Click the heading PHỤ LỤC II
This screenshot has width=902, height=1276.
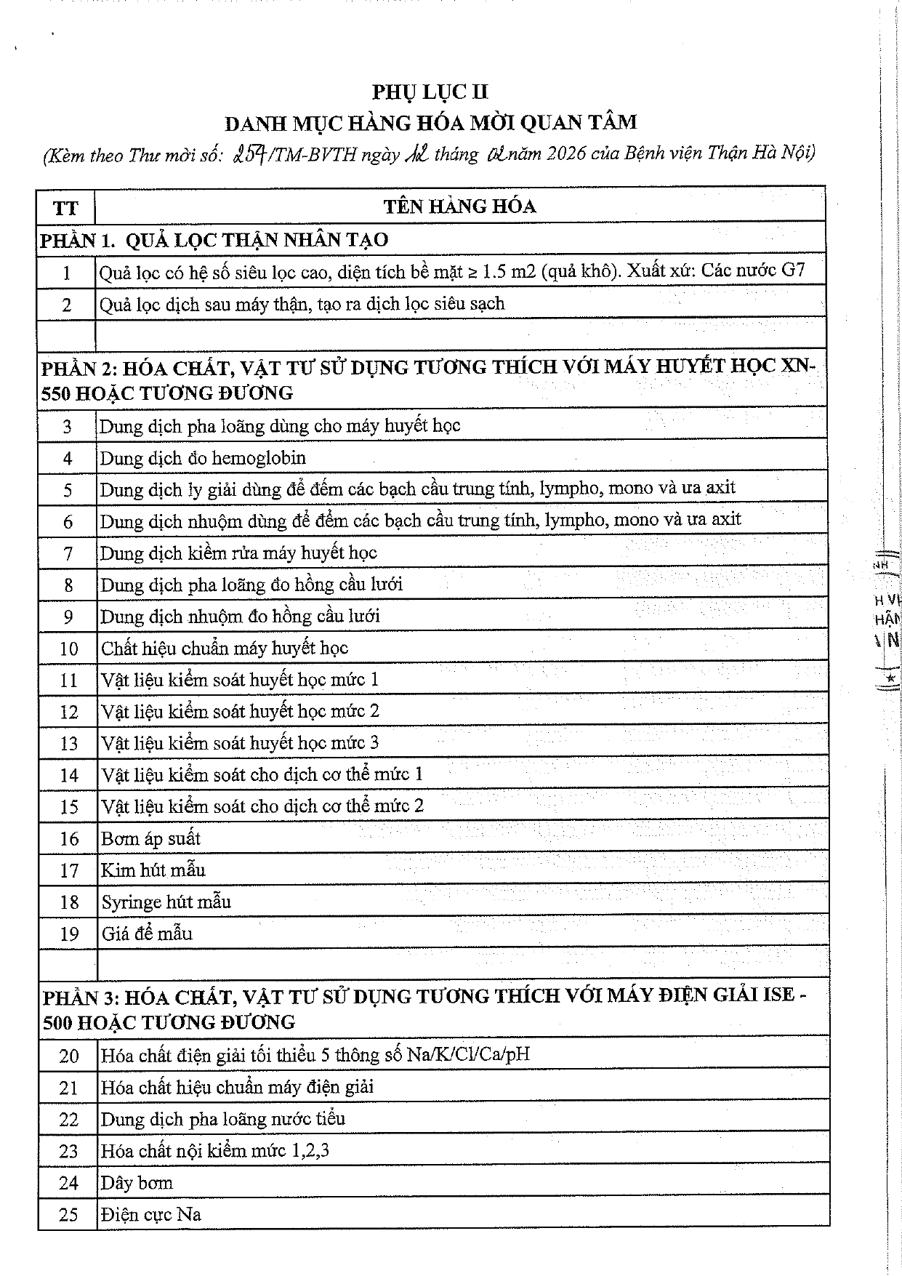point(430,92)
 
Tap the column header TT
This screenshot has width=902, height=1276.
point(65,208)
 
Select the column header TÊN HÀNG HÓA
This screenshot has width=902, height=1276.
point(459,206)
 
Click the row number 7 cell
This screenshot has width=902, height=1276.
point(68,553)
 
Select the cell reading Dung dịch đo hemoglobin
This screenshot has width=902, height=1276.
point(203,458)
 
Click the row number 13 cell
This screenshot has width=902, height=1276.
point(68,744)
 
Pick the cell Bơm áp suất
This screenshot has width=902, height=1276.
point(150,838)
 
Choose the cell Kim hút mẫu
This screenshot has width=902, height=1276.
point(153,870)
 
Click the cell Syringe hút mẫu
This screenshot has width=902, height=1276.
point(166,902)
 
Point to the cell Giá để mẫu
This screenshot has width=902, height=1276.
point(147,934)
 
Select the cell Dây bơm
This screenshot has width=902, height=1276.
point(137,1183)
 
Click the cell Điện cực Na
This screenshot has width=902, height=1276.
point(151,1215)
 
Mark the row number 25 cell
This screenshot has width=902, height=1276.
point(68,1215)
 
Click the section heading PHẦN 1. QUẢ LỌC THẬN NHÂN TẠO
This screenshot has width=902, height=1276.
point(214,240)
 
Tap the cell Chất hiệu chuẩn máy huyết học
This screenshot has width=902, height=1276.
point(225,648)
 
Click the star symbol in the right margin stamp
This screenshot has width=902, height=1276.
point(891,678)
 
